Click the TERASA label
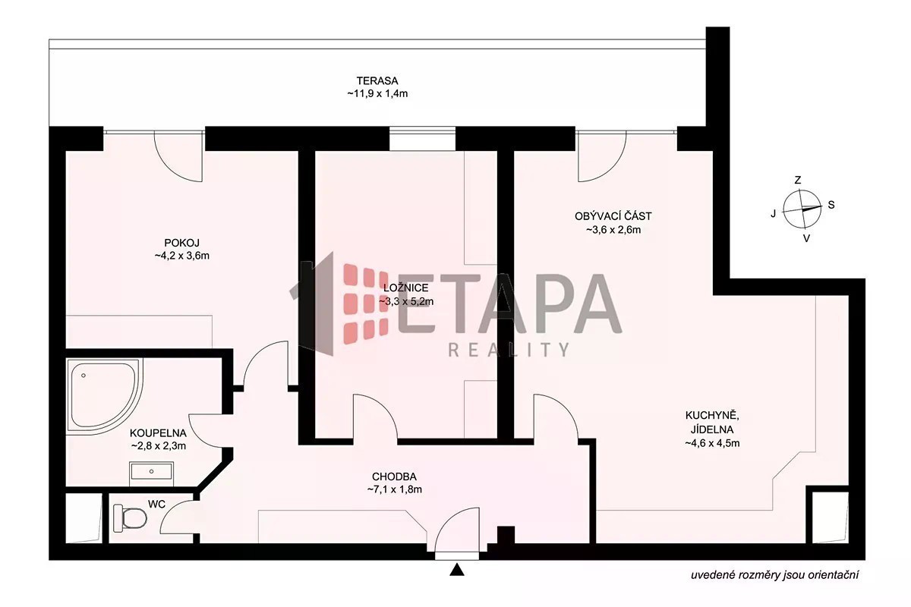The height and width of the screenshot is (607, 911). (x=377, y=80)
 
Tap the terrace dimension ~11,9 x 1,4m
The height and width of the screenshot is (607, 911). (x=377, y=93)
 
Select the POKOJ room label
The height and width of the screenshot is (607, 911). (x=181, y=243)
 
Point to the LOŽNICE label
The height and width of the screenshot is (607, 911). (x=406, y=288)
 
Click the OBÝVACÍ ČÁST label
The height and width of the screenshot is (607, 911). (x=613, y=216)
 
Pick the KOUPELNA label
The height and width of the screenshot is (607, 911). (x=158, y=433)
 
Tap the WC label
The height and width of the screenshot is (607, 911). (x=156, y=504)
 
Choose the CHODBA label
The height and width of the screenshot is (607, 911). (x=394, y=476)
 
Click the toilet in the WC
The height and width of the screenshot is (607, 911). (x=130, y=517)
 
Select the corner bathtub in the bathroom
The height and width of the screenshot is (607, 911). (x=105, y=394)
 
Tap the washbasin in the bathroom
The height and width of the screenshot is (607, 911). (x=151, y=472)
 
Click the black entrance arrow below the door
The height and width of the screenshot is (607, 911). (x=457, y=570)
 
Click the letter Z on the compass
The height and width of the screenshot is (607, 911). (x=798, y=180)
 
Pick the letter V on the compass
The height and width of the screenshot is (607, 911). (x=806, y=239)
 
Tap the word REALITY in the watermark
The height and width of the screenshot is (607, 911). (x=509, y=350)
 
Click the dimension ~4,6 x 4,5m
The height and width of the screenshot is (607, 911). (x=712, y=443)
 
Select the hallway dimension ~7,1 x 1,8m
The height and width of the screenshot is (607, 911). (x=394, y=489)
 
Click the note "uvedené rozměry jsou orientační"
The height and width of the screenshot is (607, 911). (x=775, y=575)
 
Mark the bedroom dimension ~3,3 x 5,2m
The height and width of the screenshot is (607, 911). (x=406, y=301)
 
